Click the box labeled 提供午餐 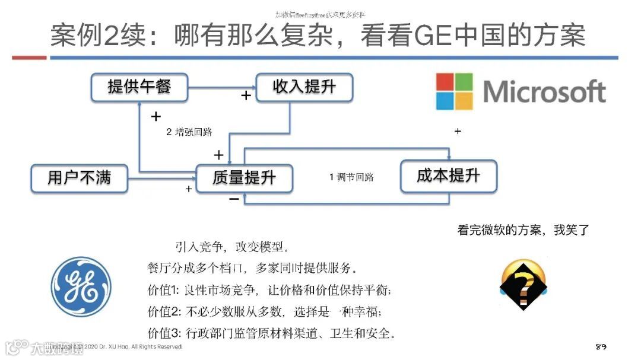[x=139, y=87]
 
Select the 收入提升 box [x=304, y=87]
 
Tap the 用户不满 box [x=79, y=177]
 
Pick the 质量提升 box [x=244, y=177]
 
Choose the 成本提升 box [x=448, y=176]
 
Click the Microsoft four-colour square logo [x=455, y=91]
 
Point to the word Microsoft [x=544, y=92]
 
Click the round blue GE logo [x=81, y=287]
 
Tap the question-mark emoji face [x=523, y=285]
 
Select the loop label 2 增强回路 [x=189, y=132]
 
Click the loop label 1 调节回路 [x=351, y=177]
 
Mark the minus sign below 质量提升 [x=234, y=199]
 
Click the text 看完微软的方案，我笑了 [x=523, y=230]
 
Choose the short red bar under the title [x=29, y=58]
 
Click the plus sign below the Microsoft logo [x=457, y=132]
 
